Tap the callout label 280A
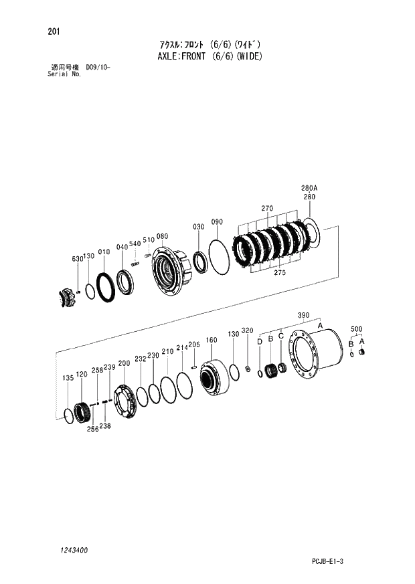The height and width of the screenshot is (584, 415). pyautogui.click(x=309, y=189)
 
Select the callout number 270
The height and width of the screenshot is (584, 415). pyautogui.click(x=267, y=209)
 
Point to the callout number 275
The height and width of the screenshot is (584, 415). pyautogui.click(x=280, y=272)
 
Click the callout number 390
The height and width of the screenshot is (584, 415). pyautogui.click(x=303, y=316)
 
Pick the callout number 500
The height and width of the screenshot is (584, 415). pyautogui.click(x=356, y=329)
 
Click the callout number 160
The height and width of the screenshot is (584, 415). pyautogui.click(x=212, y=340)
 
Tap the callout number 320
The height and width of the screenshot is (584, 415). pyautogui.click(x=247, y=331)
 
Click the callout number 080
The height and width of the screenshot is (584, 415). pyautogui.click(x=161, y=237)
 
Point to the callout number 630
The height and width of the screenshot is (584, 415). pyautogui.click(x=77, y=258)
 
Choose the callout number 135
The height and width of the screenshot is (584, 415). pyautogui.click(x=68, y=379)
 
